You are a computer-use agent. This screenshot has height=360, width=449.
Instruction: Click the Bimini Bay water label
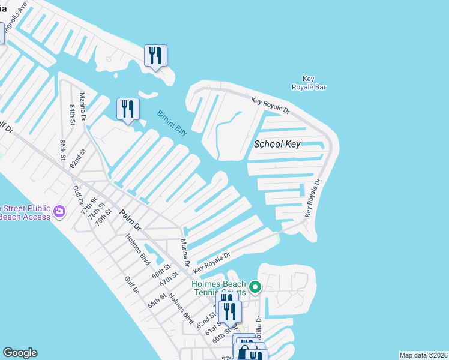point(172,123)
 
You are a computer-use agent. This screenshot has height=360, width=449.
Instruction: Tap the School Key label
point(277,144)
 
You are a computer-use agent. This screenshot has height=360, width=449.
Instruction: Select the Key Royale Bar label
point(309,83)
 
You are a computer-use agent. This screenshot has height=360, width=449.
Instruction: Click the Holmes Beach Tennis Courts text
point(218,288)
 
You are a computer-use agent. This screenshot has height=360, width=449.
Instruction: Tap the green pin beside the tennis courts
point(255,287)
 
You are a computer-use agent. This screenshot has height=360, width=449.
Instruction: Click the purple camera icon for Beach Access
point(59,211)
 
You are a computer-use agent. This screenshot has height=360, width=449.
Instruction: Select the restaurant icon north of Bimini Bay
point(155,56)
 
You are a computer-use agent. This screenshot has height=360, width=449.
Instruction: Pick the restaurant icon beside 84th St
point(127,109)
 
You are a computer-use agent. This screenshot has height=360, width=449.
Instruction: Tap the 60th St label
point(221,336)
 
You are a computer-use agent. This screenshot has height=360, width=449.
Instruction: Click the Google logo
point(20,353)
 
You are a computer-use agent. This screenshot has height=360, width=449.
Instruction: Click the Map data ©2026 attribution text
point(424,355)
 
